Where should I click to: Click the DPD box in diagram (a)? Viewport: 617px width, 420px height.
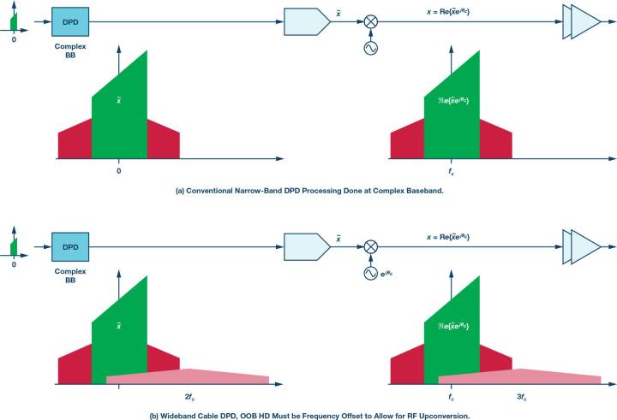(x=70, y=22)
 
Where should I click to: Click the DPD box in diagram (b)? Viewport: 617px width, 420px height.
(x=70, y=247)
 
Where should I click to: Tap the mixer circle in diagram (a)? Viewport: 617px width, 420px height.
(x=370, y=21)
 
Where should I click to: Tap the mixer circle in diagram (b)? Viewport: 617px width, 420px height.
(x=370, y=246)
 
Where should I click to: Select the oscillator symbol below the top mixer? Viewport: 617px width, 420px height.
(x=371, y=48)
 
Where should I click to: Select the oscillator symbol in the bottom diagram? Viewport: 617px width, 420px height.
(x=371, y=273)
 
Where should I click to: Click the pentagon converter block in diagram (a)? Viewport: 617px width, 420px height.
(x=308, y=21)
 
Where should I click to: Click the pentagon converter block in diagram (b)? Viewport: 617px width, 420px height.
(x=308, y=246)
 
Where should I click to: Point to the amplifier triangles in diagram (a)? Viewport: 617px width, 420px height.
(x=582, y=22)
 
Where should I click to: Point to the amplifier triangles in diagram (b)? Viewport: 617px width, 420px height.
(x=582, y=247)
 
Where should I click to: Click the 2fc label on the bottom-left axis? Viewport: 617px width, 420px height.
(x=189, y=397)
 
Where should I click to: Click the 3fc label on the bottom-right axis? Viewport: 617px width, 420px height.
(x=522, y=397)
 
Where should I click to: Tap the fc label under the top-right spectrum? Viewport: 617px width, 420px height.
(x=451, y=172)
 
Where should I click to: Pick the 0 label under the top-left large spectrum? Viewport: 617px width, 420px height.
(x=119, y=171)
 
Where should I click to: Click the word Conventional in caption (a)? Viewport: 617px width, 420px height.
(x=209, y=191)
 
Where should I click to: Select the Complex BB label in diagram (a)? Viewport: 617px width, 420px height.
(x=70, y=50)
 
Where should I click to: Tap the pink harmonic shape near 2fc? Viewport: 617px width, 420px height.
(x=188, y=376)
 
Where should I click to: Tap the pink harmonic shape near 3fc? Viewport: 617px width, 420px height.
(x=520, y=376)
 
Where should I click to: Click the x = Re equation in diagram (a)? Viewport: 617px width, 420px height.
(x=448, y=12)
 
